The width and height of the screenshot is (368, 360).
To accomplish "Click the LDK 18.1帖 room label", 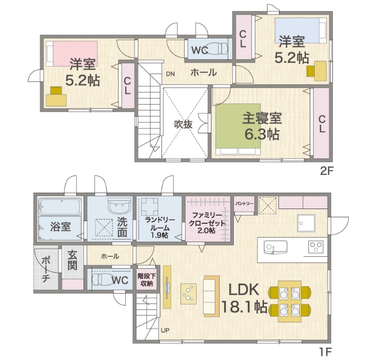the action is (244, 298).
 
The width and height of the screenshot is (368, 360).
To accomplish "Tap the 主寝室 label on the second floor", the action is (262, 118).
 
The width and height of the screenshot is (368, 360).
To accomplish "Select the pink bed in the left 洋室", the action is (75, 54).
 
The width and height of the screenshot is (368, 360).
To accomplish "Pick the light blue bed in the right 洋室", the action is (297, 31).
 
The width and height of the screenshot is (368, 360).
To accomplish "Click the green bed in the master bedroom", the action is (238, 126).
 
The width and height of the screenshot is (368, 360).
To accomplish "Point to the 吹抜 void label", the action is (183, 125).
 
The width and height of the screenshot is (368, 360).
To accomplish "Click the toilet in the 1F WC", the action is (103, 279).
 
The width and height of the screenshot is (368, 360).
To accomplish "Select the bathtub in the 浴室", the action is (60, 207).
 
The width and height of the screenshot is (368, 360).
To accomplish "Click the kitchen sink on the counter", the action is (275, 247).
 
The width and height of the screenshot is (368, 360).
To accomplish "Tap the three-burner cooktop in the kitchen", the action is (316, 246).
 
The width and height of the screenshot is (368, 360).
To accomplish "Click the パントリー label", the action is (244, 204).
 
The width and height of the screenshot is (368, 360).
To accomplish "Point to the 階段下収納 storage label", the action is (147, 279).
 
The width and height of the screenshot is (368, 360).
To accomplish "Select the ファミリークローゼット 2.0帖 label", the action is (207, 223).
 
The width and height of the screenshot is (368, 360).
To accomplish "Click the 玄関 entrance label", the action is (73, 260).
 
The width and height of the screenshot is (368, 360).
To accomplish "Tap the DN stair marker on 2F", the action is (170, 74).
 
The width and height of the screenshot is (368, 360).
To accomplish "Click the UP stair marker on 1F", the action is (165, 330).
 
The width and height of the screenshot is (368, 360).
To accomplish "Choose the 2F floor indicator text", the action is (327, 171).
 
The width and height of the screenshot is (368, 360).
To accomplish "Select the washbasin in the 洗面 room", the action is (119, 205).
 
